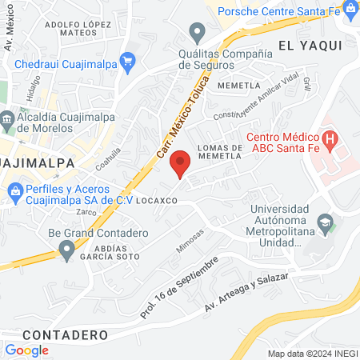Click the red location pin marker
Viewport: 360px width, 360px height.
coord(181,162)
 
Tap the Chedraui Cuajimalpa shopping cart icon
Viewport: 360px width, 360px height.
coord(126,61)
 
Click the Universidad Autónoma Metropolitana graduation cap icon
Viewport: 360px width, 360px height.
coord(325,223)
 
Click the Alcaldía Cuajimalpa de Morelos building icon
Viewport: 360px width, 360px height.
coord(7,122)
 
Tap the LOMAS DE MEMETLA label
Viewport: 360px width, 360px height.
coord(214,152)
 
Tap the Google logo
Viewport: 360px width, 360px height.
coord(26,350)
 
